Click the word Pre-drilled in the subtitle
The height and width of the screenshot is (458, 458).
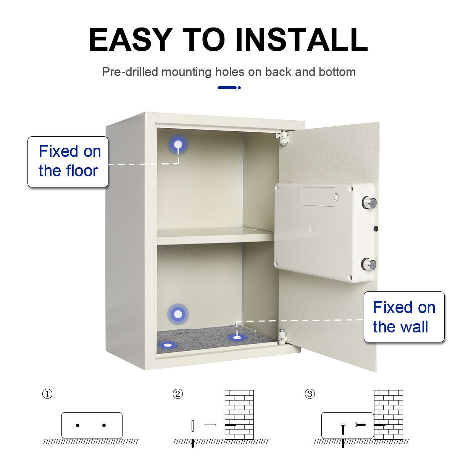click(130, 72)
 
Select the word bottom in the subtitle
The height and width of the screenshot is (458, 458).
click(337, 72)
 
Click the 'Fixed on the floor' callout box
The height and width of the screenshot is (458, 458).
click(68, 162)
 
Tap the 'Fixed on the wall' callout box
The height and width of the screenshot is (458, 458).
click(404, 317)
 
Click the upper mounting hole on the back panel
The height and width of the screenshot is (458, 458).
click(178, 144)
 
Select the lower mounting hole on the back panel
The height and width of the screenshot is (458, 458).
click(178, 314)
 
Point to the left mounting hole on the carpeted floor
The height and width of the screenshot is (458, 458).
click(168, 345)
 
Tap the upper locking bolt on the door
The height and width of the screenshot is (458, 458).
click(369, 203)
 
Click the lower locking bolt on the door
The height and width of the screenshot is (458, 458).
click(369, 264)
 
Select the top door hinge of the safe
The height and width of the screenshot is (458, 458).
click(283, 137)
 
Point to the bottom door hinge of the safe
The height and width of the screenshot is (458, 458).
click(283, 337)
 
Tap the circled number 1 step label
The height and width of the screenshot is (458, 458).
click(47, 394)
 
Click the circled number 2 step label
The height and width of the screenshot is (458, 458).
click(177, 394)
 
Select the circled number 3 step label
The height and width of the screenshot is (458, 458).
click(310, 394)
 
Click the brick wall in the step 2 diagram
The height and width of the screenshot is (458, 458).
click(239, 414)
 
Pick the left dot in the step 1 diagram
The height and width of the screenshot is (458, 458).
click(78, 425)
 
